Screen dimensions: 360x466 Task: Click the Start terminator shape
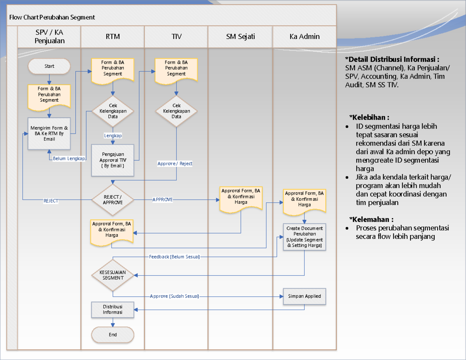(x=49, y=66)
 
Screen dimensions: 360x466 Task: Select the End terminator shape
(x=113, y=334)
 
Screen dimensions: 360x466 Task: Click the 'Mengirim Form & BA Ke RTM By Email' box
(x=49, y=133)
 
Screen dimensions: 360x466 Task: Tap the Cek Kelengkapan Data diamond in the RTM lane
(x=113, y=111)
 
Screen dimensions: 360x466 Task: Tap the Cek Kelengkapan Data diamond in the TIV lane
(x=176, y=111)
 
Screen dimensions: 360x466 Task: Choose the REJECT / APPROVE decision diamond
(x=113, y=200)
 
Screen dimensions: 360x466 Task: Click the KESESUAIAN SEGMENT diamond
(x=113, y=275)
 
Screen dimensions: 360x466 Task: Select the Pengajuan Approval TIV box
(x=113, y=160)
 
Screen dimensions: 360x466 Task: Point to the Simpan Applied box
(x=304, y=296)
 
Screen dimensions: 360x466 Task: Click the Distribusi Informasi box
(x=113, y=310)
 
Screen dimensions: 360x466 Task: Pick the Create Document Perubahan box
(x=304, y=237)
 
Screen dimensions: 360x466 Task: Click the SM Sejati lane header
(x=240, y=37)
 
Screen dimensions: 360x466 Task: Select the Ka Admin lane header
(x=304, y=37)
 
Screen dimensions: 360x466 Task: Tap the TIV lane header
(x=176, y=37)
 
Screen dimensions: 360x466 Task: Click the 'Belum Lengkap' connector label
(x=69, y=158)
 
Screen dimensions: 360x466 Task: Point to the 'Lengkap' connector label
(x=113, y=136)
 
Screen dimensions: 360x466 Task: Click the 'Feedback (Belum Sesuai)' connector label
(x=174, y=257)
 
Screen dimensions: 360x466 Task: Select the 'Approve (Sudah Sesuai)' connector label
(x=174, y=296)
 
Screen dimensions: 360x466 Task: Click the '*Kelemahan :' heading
(x=371, y=219)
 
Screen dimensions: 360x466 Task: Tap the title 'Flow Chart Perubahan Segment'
(x=52, y=17)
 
